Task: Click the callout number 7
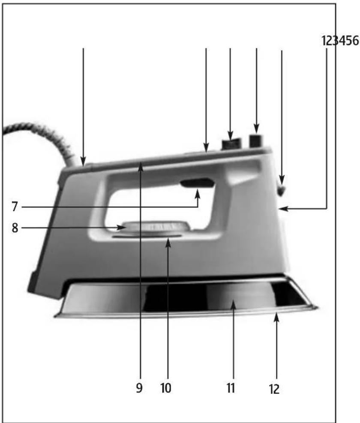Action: pos(15,207)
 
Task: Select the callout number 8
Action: pos(15,228)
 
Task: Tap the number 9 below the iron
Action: pos(139,388)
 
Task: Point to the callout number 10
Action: pos(166,388)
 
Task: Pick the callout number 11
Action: pos(231,388)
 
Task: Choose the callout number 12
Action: pos(274,389)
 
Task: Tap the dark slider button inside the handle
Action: pos(198,183)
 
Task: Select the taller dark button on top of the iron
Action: pos(256,141)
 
